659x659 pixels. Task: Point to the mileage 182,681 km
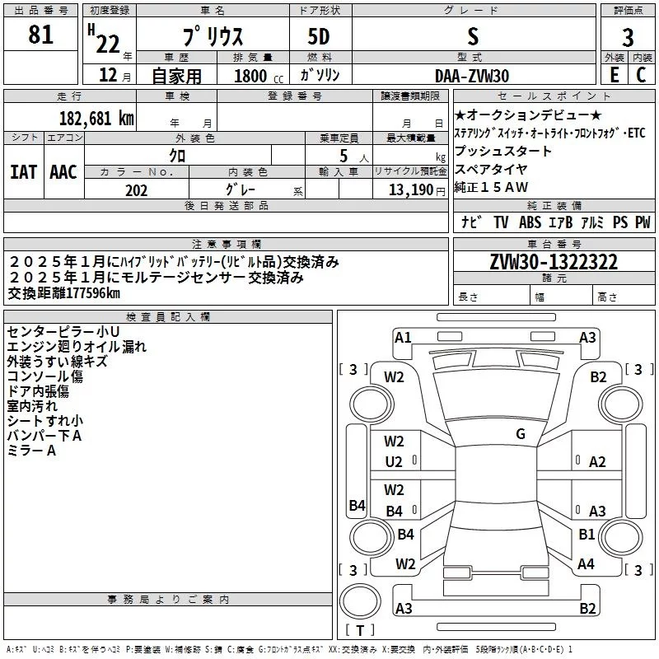click(x=97, y=118)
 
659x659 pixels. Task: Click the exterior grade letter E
click(x=613, y=75)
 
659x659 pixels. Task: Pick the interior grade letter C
click(x=641, y=75)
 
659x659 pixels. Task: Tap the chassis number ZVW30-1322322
click(x=554, y=263)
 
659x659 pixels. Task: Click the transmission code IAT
click(x=23, y=172)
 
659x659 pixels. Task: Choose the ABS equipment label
click(x=530, y=222)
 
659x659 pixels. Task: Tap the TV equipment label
click(x=501, y=222)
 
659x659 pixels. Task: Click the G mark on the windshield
click(x=521, y=434)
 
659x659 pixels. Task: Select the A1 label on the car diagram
click(x=403, y=337)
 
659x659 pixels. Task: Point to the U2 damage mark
click(x=395, y=462)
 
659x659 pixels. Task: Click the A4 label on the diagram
click(x=586, y=564)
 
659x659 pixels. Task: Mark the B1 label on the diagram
click(x=586, y=535)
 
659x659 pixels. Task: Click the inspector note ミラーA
click(x=31, y=451)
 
